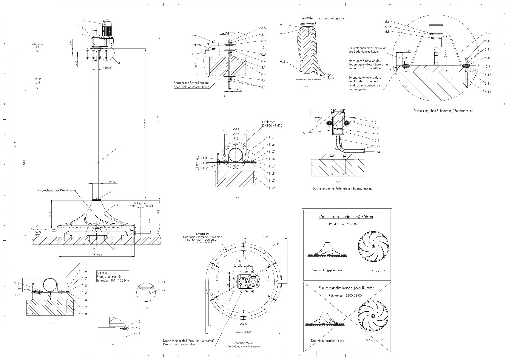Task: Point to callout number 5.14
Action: pyautogui.click(x=376, y=152)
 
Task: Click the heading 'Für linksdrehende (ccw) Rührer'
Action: pyautogui.click(x=348, y=216)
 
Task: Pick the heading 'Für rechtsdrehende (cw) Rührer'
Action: pyautogui.click(x=348, y=288)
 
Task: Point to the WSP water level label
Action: pyautogui.click(x=37, y=80)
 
